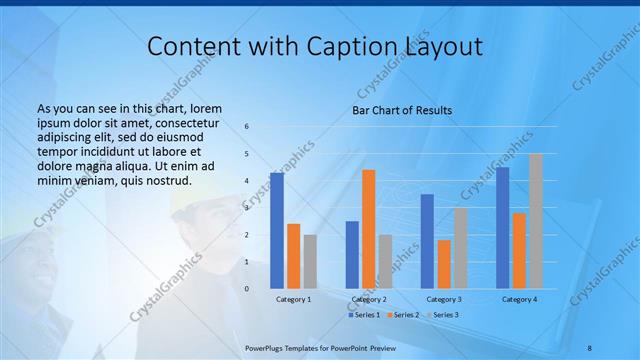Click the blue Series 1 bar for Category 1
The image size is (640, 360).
coord(277,231)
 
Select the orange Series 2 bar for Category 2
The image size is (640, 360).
coord(369,229)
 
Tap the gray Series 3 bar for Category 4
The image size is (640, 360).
coord(536,221)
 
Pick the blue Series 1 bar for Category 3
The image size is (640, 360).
coord(427,241)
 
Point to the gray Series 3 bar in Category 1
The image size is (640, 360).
coord(310,261)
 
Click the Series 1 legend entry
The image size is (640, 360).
coord(364,315)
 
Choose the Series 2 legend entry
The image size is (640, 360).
coord(404,315)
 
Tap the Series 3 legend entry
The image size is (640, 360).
coord(444,315)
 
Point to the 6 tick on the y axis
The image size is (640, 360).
coord(247,127)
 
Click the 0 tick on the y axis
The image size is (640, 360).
coord(247,289)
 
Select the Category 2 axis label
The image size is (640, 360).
coord(369,299)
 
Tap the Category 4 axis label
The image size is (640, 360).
coord(519,299)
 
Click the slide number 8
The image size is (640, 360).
coord(589,346)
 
